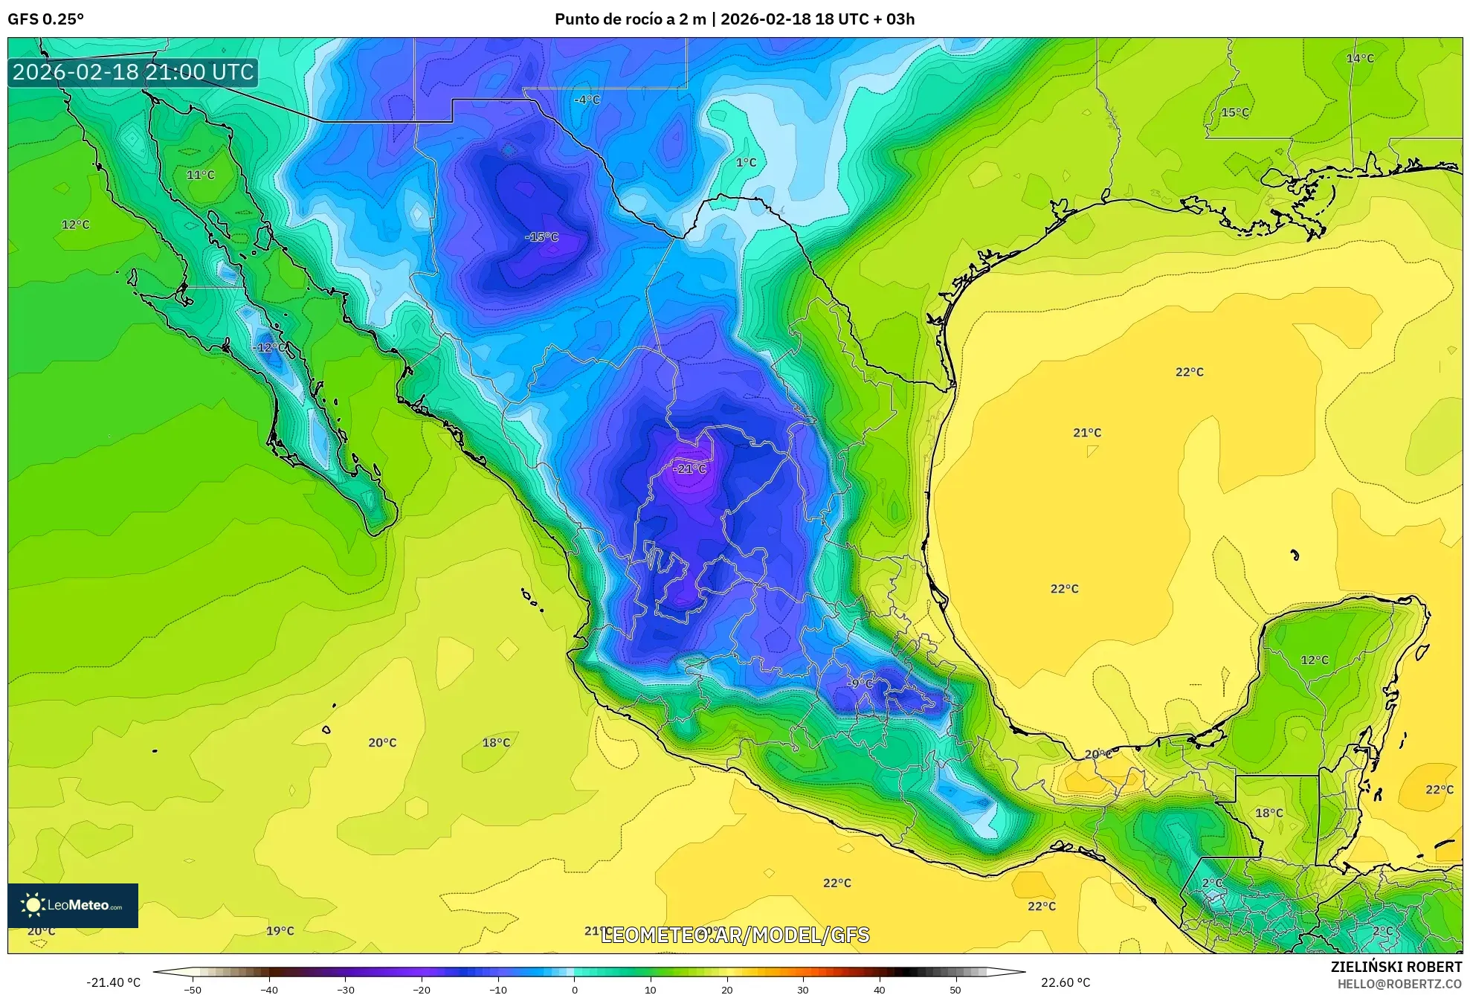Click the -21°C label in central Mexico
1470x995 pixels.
tap(689, 468)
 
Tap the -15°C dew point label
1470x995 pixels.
tap(541, 237)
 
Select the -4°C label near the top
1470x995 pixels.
tap(587, 100)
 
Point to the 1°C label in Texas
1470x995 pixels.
tap(746, 163)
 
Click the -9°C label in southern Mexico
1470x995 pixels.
tap(860, 683)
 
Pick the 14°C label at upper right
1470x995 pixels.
tap(1360, 58)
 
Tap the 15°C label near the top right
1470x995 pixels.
tap(1235, 112)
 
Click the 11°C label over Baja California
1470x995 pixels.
tap(200, 175)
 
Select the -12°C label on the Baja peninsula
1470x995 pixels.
tap(268, 347)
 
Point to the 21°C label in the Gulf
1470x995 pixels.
tap(1087, 433)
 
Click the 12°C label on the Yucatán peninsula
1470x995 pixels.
tap(1314, 660)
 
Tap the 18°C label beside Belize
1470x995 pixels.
tap(1269, 813)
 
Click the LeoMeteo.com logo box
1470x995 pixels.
tap(73, 905)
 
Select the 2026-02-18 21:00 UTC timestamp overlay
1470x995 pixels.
tap(133, 72)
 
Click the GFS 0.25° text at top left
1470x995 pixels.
tap(46, 19)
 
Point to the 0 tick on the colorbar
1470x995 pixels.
tap(574, 989)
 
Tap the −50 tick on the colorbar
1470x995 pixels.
tap(193, 989)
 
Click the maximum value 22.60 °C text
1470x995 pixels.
tap(1066, 982)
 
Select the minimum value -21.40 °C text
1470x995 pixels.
tap(113, 982)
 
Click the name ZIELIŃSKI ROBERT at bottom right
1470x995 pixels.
tap(1396, 967)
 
